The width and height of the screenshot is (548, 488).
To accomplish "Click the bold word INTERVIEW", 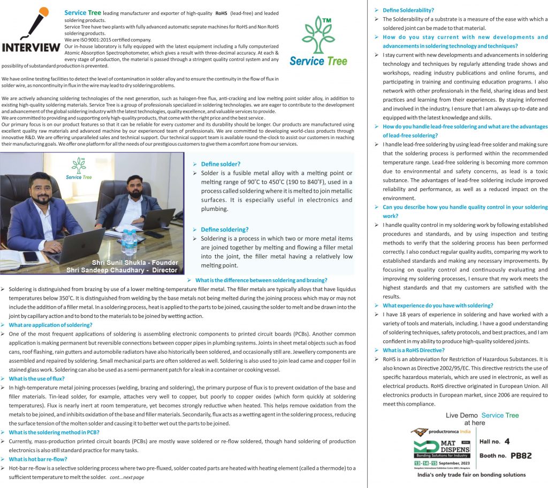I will coord(31,48).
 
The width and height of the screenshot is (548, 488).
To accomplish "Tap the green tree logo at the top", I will coord(318,35).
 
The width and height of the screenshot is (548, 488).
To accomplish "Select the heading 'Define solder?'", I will coord(220,164).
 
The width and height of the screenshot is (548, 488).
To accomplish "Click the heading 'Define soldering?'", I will coord(225,230).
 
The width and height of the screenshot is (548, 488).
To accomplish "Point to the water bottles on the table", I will coord(128,242).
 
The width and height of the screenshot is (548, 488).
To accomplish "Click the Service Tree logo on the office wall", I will coord(79,169).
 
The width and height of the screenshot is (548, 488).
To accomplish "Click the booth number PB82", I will coord(521,456).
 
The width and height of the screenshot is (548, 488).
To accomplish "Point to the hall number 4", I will coord(506,441).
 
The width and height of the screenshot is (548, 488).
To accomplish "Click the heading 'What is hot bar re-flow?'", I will coord(37,459).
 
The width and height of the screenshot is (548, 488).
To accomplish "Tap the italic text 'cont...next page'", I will coord(127,477).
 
